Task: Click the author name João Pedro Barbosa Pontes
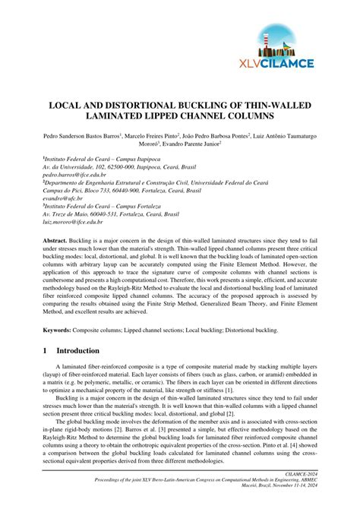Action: coord(231,134)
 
